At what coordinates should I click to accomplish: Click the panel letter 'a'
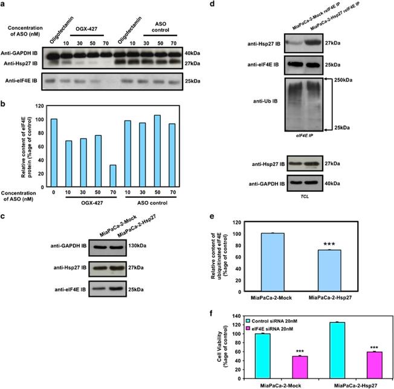click(5, 5)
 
